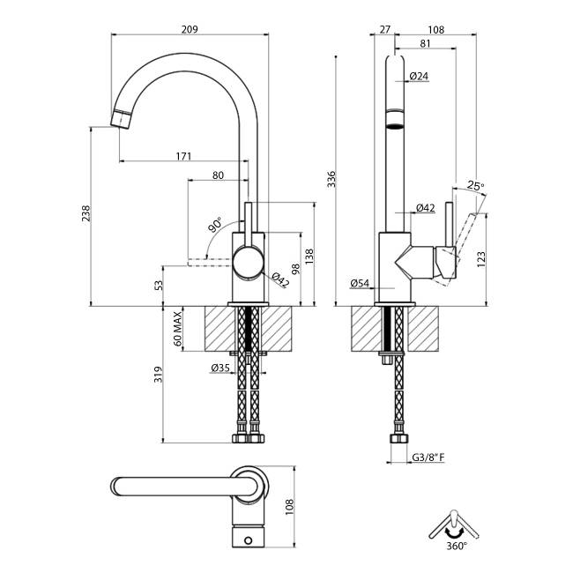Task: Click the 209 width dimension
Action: point(189,28)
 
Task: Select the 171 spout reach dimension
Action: point(183,156)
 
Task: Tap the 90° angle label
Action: point(215,227)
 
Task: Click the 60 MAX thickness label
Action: point(177,328)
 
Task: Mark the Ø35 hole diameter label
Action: point(220,368)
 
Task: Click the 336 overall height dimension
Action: point(331,180)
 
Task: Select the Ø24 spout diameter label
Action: point(419,77)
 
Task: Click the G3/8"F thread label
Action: point(428,458)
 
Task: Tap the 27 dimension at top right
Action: point(384,28)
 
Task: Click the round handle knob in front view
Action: point(248,264)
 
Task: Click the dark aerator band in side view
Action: point(396,120)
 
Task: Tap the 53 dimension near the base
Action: point(159,285)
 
